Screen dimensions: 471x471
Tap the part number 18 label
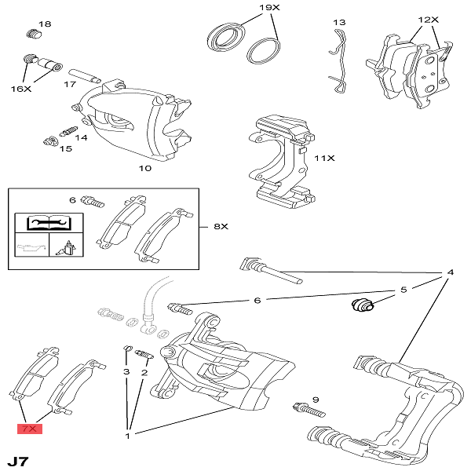point(44,24)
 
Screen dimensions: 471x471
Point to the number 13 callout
point(339,22)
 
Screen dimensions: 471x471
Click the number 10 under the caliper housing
point(145,168)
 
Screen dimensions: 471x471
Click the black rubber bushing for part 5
point(362,305)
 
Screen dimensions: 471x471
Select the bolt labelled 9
point(308,408)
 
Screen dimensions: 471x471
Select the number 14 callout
point(81,137)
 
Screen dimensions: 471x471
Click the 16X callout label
point(20,89)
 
